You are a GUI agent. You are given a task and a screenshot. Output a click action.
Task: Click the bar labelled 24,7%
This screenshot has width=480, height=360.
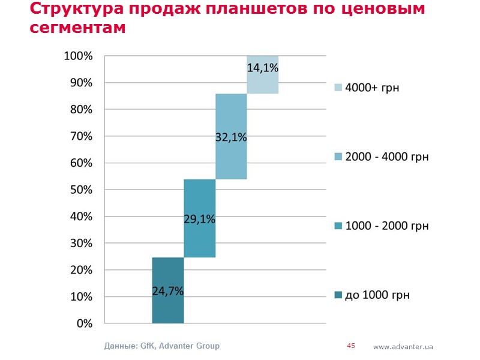coord(168,290)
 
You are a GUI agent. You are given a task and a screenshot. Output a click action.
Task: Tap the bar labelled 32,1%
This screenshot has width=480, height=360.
coord(231,136)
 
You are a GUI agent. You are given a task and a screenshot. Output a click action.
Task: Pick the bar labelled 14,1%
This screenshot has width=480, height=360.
coord(263,74)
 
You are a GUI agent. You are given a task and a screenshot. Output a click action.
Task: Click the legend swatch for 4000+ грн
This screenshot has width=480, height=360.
coord(338,88)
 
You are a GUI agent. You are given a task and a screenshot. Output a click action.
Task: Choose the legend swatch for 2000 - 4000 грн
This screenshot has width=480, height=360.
coord(338,157)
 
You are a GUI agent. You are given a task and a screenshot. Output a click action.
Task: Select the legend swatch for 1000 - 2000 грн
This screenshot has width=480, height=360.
coord(338,226)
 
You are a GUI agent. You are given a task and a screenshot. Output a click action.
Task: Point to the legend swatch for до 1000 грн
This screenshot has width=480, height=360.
coord(338,295)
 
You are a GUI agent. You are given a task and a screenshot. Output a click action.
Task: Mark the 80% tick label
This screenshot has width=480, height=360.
coord(79,109)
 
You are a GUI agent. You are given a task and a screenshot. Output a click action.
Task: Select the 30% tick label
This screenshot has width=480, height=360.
coord(79,243)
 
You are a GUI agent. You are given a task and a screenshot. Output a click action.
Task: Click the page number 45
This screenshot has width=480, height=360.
coord(351,346)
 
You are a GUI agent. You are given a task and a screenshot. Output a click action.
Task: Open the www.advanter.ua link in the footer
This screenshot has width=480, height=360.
coord(403,347)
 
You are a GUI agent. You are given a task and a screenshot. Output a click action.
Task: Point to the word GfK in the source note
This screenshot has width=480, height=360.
coord(147,346)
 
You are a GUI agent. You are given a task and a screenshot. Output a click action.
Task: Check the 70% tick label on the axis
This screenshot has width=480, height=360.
coord(79,136)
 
